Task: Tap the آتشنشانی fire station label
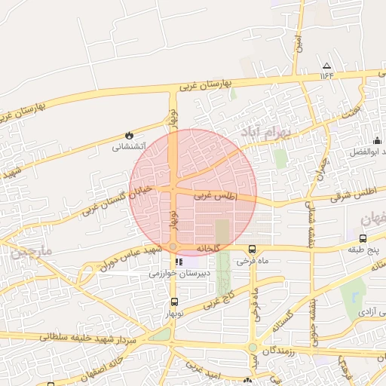[x=128, y=147]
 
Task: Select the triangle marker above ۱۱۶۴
[x=326, y=66]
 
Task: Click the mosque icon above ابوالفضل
[x=377, y=140]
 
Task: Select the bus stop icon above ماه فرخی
[x=252, y=249]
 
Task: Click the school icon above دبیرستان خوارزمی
[x=179, y=262]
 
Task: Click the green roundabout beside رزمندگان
[x=252, y=348]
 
